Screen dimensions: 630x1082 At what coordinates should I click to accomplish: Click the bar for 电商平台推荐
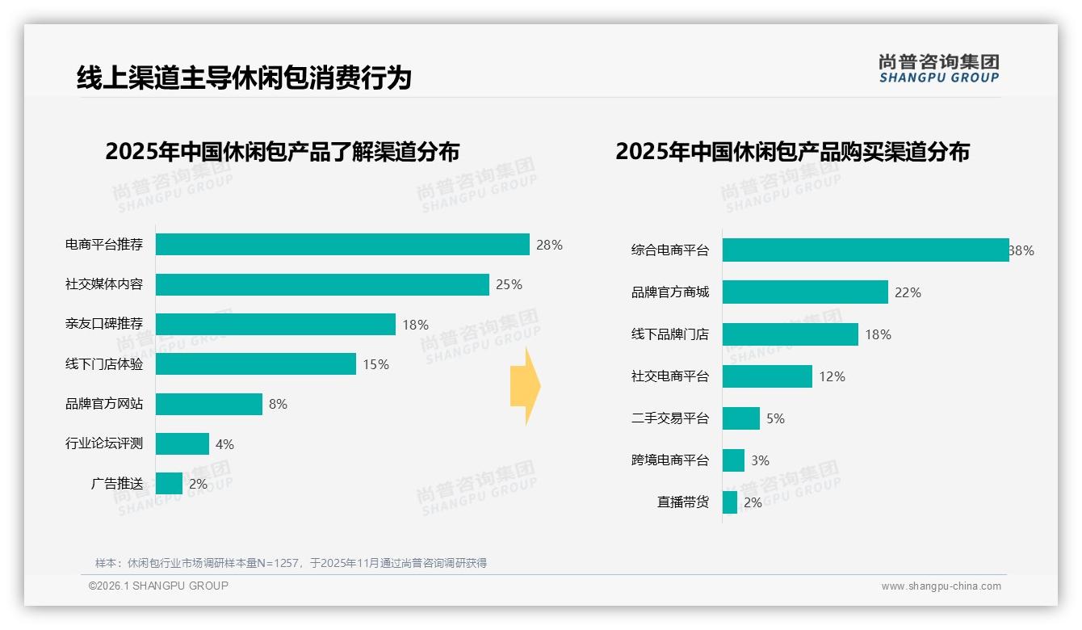click(x=342, y=245)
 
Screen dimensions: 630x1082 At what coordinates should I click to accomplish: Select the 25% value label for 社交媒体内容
click(x=509, y=284)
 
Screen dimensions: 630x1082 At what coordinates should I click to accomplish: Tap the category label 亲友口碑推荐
click(x=104, y=324)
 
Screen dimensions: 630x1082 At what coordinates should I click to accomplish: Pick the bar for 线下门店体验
click(x=256, y=364)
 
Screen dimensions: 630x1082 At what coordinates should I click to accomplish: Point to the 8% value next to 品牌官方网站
click(x=278, y=404)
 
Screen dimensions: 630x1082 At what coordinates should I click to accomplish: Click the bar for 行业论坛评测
click(x=182, y=444)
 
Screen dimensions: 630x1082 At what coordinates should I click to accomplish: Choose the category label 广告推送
click(x=117, y=484)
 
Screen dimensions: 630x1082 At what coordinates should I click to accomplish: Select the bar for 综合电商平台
click(x=866, y=250)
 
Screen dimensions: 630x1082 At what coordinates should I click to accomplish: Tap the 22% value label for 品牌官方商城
click(x=908, y=292)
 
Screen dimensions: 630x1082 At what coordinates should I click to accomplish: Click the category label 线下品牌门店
click(x=670, y=334)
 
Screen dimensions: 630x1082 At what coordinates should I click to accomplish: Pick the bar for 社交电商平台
click(x=767, y=376)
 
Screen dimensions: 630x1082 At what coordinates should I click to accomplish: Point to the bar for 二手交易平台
click(x=741, y=418)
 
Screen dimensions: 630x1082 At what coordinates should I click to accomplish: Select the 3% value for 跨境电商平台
click(x=760, y=460)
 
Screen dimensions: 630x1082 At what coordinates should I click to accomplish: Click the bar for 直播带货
click(x=730, y=502)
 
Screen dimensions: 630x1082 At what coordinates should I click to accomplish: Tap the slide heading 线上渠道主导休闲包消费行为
click(x=244, y=78)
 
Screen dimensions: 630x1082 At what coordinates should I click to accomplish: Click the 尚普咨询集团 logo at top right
click(x=938, y=69)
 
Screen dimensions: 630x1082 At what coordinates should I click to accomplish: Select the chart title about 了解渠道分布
click(x=282, y=152)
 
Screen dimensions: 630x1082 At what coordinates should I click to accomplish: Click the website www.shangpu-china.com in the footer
click(x=941, y=586)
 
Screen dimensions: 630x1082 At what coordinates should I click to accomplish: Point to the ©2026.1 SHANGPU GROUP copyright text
click(x=158, y=586)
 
